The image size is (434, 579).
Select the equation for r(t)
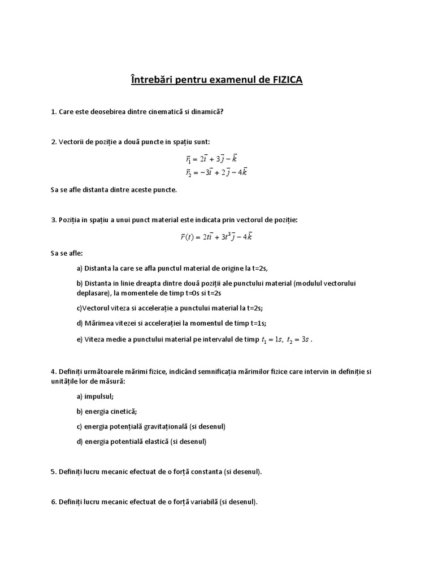click(216, 236)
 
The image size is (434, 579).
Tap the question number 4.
click(53, 371)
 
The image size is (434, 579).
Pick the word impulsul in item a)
click(101, 396)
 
